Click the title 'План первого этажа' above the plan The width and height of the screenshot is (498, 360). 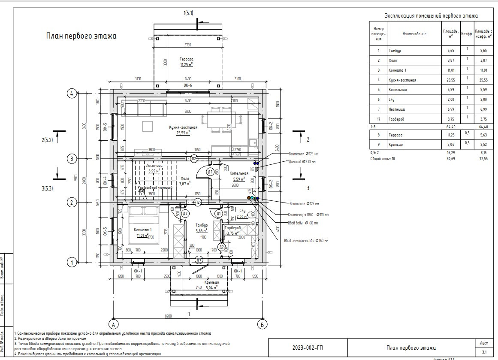81,36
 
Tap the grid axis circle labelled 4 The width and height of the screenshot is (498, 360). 72,93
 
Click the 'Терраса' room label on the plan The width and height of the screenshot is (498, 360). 187,59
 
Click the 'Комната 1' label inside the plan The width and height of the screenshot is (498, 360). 143,230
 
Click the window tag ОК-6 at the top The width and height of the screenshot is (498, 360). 188,85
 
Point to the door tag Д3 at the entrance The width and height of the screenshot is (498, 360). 199,260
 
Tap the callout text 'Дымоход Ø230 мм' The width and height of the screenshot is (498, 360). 302,162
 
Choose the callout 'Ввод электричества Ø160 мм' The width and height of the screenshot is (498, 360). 306,241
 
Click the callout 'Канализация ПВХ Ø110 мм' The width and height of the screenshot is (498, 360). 308,215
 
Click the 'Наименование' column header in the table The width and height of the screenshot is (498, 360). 414,33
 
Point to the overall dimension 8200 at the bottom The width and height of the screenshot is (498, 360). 168,316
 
